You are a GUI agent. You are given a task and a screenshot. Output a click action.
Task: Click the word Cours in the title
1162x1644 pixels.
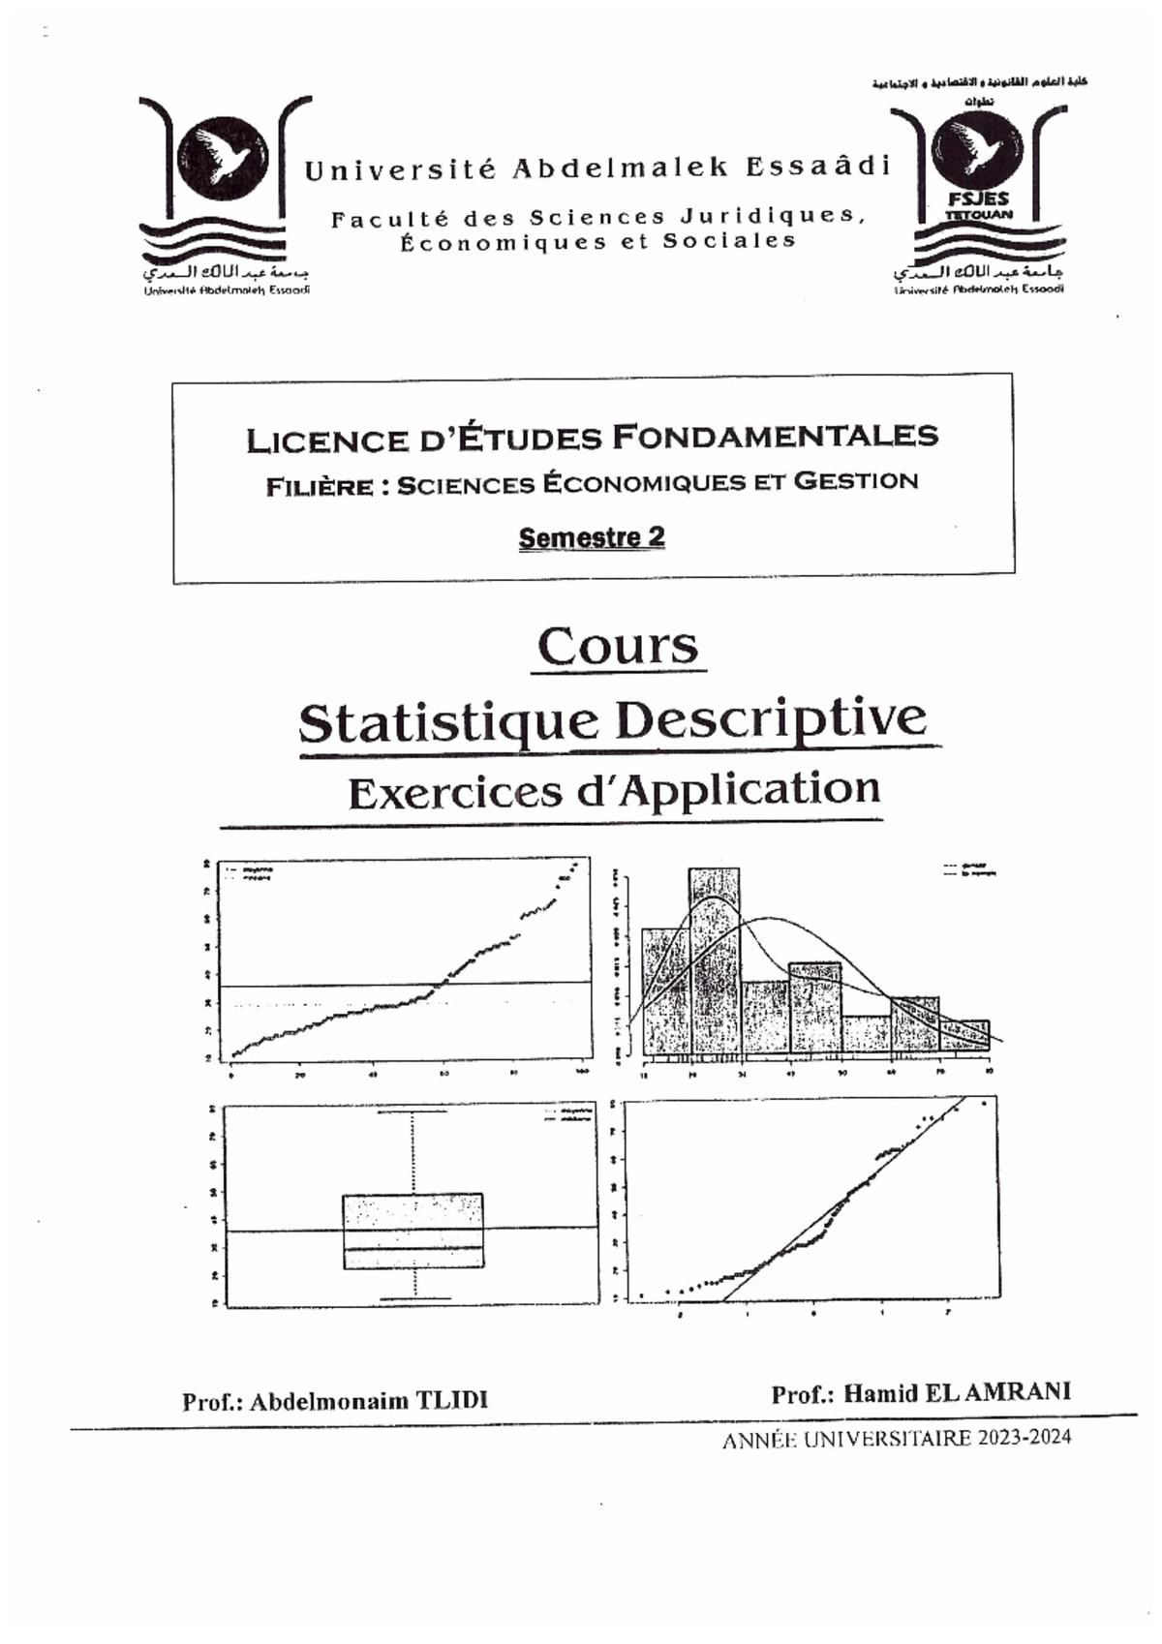pyautogui.click(x=617, y=647)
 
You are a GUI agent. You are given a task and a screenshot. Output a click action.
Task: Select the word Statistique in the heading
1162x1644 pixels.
pyautogui.click(x=448, y=722)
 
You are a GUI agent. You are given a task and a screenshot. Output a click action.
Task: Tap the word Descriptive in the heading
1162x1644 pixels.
pyautogui.click(x=771, y=718)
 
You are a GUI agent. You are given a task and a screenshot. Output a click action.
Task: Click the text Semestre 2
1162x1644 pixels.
pyautogui.click(x=592, y=537)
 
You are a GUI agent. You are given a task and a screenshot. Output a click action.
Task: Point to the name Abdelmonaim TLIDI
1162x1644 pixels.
pyautogui.click(x=369, y=1401)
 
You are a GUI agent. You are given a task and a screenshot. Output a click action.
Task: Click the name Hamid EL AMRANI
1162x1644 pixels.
pyautogui.click(x=957, y=1392)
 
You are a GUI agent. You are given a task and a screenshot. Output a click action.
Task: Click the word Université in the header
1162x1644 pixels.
pyautogui.click(x=401, y=170)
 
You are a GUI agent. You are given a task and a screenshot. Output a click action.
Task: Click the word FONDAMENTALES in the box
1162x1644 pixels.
pyautogui.click(x=776, y=437)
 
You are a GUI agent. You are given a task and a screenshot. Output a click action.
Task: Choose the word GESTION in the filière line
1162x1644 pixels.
pyautogui.click(x=856, y=480)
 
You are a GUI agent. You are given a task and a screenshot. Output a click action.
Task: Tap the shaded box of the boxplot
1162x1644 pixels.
pyautogui.click(x=413, y=1230)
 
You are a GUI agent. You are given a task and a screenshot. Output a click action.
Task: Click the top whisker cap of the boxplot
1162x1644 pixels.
pyautogui.click(x=413, y=1111)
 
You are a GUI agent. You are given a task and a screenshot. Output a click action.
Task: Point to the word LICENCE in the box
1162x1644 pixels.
pyautogui.click(x=325, y=441)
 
